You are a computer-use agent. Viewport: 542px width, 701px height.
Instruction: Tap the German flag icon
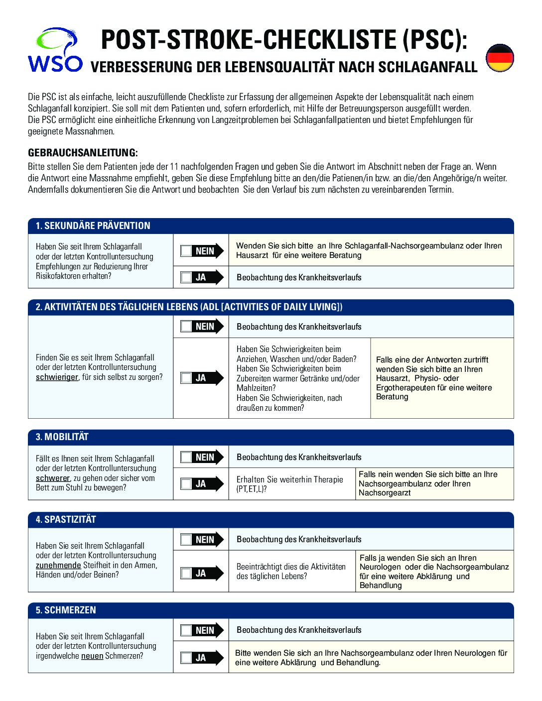point(499,58)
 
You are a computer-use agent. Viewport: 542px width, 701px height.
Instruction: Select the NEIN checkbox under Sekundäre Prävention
point(186,251)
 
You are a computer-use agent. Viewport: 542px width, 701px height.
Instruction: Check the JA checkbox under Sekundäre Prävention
point(186,277)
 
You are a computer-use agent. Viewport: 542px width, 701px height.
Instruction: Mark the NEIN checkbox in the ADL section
point(186,327)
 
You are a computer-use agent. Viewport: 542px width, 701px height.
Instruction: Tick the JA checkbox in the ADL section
point(186,378)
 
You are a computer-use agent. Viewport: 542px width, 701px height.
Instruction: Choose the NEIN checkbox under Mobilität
point(186,457)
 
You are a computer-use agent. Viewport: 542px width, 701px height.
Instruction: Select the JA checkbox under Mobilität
point(186,483)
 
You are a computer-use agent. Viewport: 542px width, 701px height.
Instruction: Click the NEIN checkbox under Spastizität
point(186,540)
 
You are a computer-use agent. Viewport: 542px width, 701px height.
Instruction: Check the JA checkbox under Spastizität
point(186,574)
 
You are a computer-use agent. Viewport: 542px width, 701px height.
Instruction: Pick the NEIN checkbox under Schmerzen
point(186,630)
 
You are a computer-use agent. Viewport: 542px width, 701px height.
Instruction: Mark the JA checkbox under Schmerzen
point(186,658)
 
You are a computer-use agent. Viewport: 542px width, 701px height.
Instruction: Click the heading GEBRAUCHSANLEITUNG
point(83,153)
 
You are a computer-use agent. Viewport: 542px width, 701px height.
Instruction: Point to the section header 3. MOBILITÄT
point(62,437)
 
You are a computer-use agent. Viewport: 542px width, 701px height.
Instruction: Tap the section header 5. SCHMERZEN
point(66,610)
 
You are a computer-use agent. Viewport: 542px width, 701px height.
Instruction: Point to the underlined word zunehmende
point(58,565)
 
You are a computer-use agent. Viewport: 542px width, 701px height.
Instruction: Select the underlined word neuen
point(92,656)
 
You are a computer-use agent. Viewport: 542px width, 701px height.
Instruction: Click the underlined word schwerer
point(52,478)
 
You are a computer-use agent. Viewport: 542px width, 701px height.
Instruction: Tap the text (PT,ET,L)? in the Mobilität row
point(252,489)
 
